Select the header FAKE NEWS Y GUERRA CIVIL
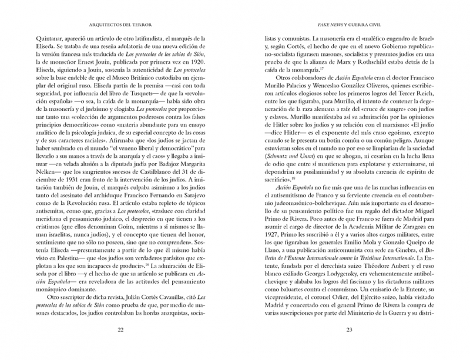point(350,26)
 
